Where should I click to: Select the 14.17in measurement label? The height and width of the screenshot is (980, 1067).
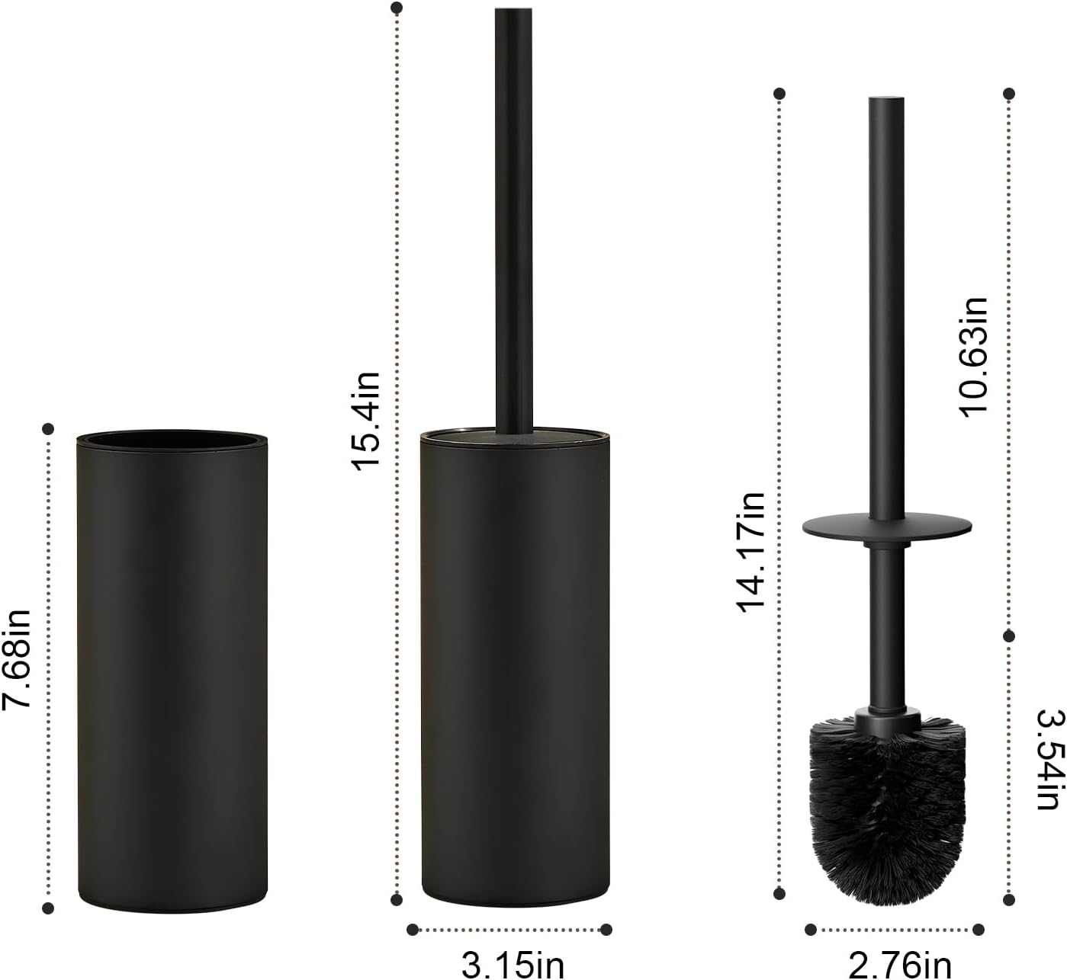[x=750, y=552]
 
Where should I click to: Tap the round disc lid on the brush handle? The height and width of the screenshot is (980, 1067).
[x=887, y=526]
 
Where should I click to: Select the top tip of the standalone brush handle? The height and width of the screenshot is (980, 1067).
[x=886, y=100]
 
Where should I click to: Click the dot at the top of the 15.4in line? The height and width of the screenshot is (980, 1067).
[x=396, y=8]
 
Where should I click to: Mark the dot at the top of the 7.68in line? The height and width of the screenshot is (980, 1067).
[x=49, y=428]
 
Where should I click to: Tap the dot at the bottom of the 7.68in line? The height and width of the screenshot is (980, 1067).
[x=49, y=908]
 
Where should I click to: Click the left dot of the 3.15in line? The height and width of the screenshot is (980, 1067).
[x=413, y=929]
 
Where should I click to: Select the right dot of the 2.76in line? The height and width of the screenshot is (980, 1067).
[x=979, y=929]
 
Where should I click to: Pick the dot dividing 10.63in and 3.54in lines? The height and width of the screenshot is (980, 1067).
[x=1008, y=636]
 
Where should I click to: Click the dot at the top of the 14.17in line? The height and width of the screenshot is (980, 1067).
[x=779, y=94]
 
